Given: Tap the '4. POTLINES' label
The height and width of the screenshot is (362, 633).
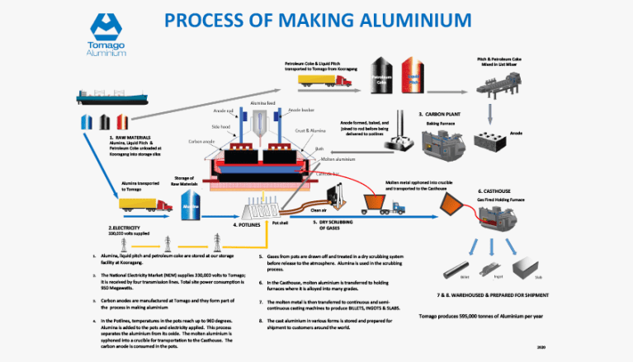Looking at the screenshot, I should coord(247,223).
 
